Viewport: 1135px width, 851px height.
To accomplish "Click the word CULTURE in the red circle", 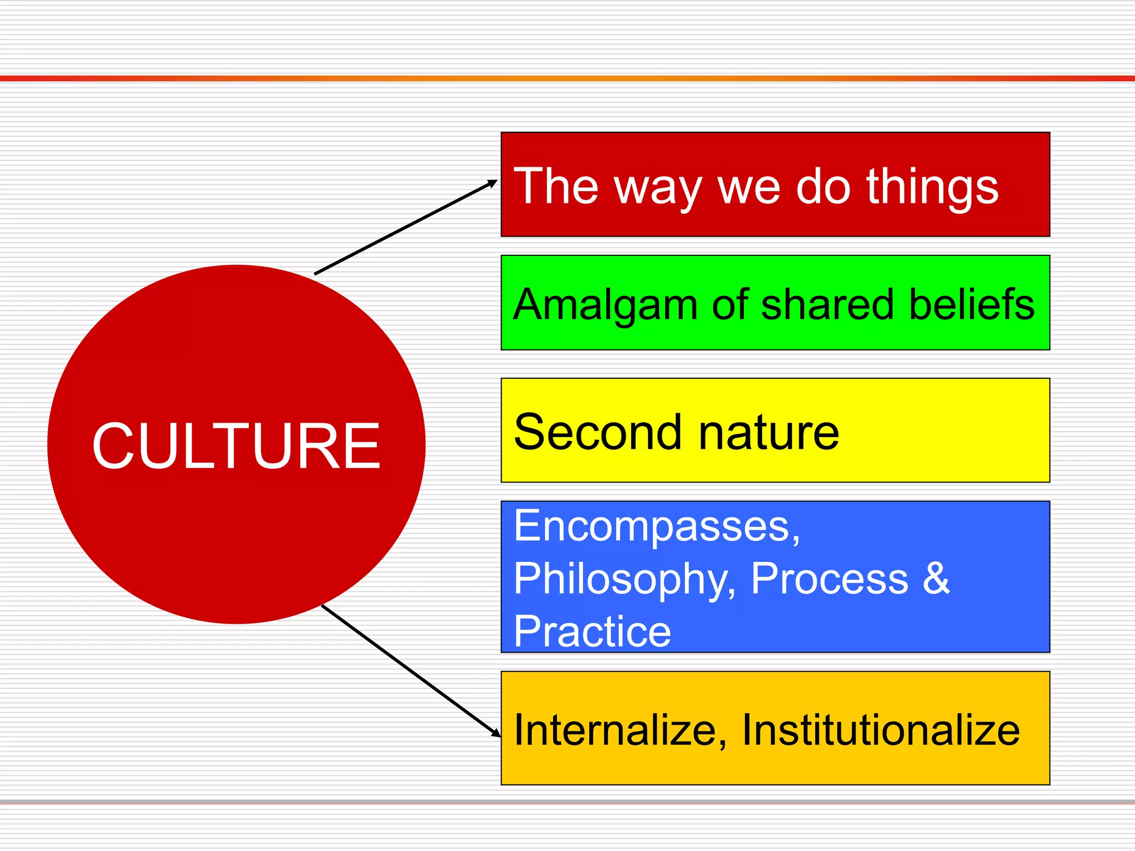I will tap(236, 446).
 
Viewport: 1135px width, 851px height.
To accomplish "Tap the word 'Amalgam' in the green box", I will tap(604, 305).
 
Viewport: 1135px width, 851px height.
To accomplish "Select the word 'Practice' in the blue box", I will tap(592, 631).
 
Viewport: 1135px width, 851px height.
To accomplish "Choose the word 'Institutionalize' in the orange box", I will tap(881, 730).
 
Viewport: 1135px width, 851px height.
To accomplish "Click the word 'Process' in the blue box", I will tap(829, 579).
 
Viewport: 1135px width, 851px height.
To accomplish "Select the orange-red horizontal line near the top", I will tap(567, 78).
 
